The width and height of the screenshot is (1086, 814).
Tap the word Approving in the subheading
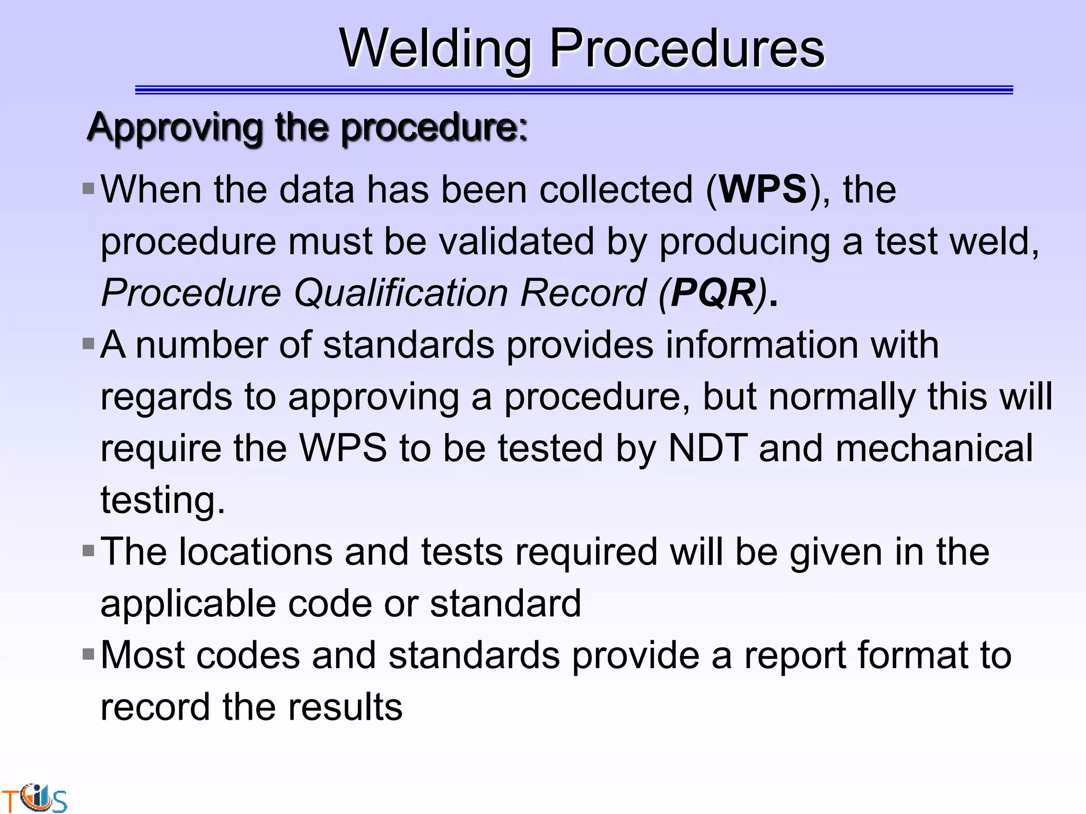(x=174, y=128)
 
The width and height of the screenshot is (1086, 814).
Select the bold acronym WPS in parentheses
(x=763, y=189)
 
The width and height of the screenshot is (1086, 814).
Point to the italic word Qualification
(x=401, y=293)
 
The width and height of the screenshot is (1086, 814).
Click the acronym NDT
(x=708, y=448)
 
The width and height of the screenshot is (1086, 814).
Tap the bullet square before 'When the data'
(x=89, y=188)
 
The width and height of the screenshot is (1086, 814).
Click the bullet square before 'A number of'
(x=89, y=344)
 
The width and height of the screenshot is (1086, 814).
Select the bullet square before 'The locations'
(x=89, y=551)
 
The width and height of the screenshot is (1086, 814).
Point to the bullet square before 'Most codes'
(x=89, y=654)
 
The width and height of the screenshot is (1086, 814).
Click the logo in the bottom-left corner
(x=35, y=798)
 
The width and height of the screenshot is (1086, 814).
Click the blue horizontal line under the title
(x=574, y=90)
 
